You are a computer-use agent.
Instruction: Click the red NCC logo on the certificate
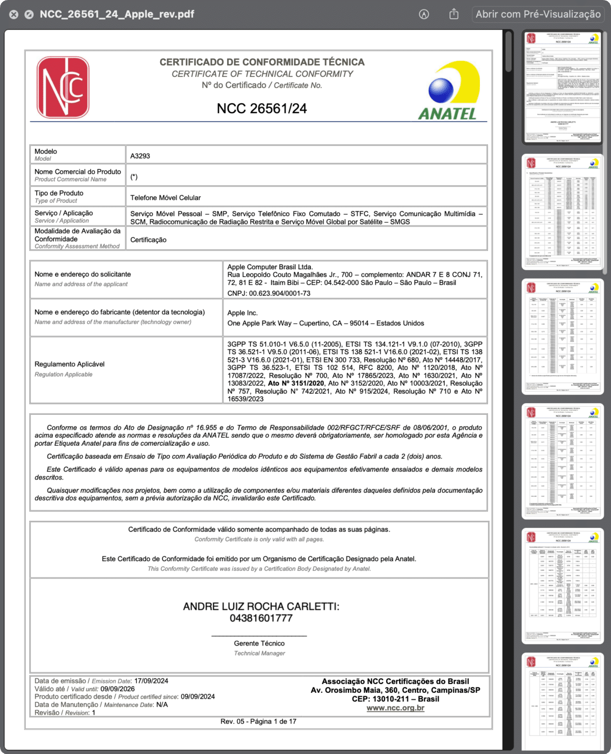click(x=63, y=87)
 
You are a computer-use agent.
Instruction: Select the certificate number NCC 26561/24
click(x=262, y=109)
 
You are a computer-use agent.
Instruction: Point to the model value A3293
click(x=140, y=156)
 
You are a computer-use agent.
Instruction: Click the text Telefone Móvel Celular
click(x=165, y=198)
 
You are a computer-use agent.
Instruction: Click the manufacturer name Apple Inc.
click(x=242, y=313)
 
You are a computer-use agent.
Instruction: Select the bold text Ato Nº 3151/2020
click(x=296, y=384)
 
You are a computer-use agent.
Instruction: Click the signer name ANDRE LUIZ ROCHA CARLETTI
click(x=261, y=606)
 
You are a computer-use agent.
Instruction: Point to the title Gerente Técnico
click(x=259, y=643)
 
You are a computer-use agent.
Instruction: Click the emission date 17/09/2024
click(x=151, y=681)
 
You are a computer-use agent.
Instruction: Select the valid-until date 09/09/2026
click(x=117, y=689)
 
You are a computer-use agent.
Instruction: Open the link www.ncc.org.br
click(x=395, y=708)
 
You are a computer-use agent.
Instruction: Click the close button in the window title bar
click(x=14, y=14)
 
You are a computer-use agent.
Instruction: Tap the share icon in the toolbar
click(x=454, y=14)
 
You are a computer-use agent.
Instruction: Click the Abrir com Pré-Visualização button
click(x=538, y=14)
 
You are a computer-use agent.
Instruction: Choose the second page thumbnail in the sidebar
click(x=563, y=212)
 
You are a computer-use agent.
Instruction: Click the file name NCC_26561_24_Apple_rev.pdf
click(x=117, y=14)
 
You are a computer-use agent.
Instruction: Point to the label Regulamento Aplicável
click(x=70, y=364)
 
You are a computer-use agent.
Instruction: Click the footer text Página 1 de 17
click(x=272, y=721)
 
